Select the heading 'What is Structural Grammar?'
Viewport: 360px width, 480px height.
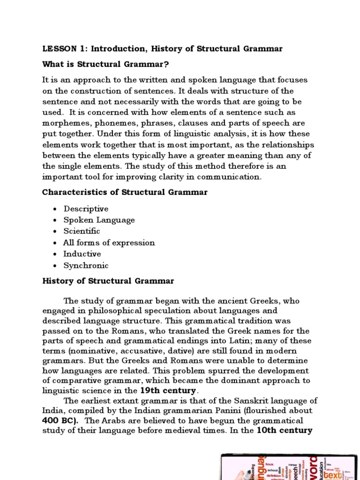105,64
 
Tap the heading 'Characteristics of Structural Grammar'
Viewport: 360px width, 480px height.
125,192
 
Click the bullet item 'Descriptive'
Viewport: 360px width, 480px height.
86,209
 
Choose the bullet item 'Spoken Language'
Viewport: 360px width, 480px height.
99,220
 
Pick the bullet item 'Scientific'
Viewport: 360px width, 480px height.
82,231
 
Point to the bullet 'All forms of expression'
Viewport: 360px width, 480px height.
109,242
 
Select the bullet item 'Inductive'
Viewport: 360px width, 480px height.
82,254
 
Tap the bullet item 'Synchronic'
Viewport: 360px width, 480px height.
86,265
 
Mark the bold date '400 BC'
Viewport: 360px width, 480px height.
60,420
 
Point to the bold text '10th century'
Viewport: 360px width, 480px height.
285,430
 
